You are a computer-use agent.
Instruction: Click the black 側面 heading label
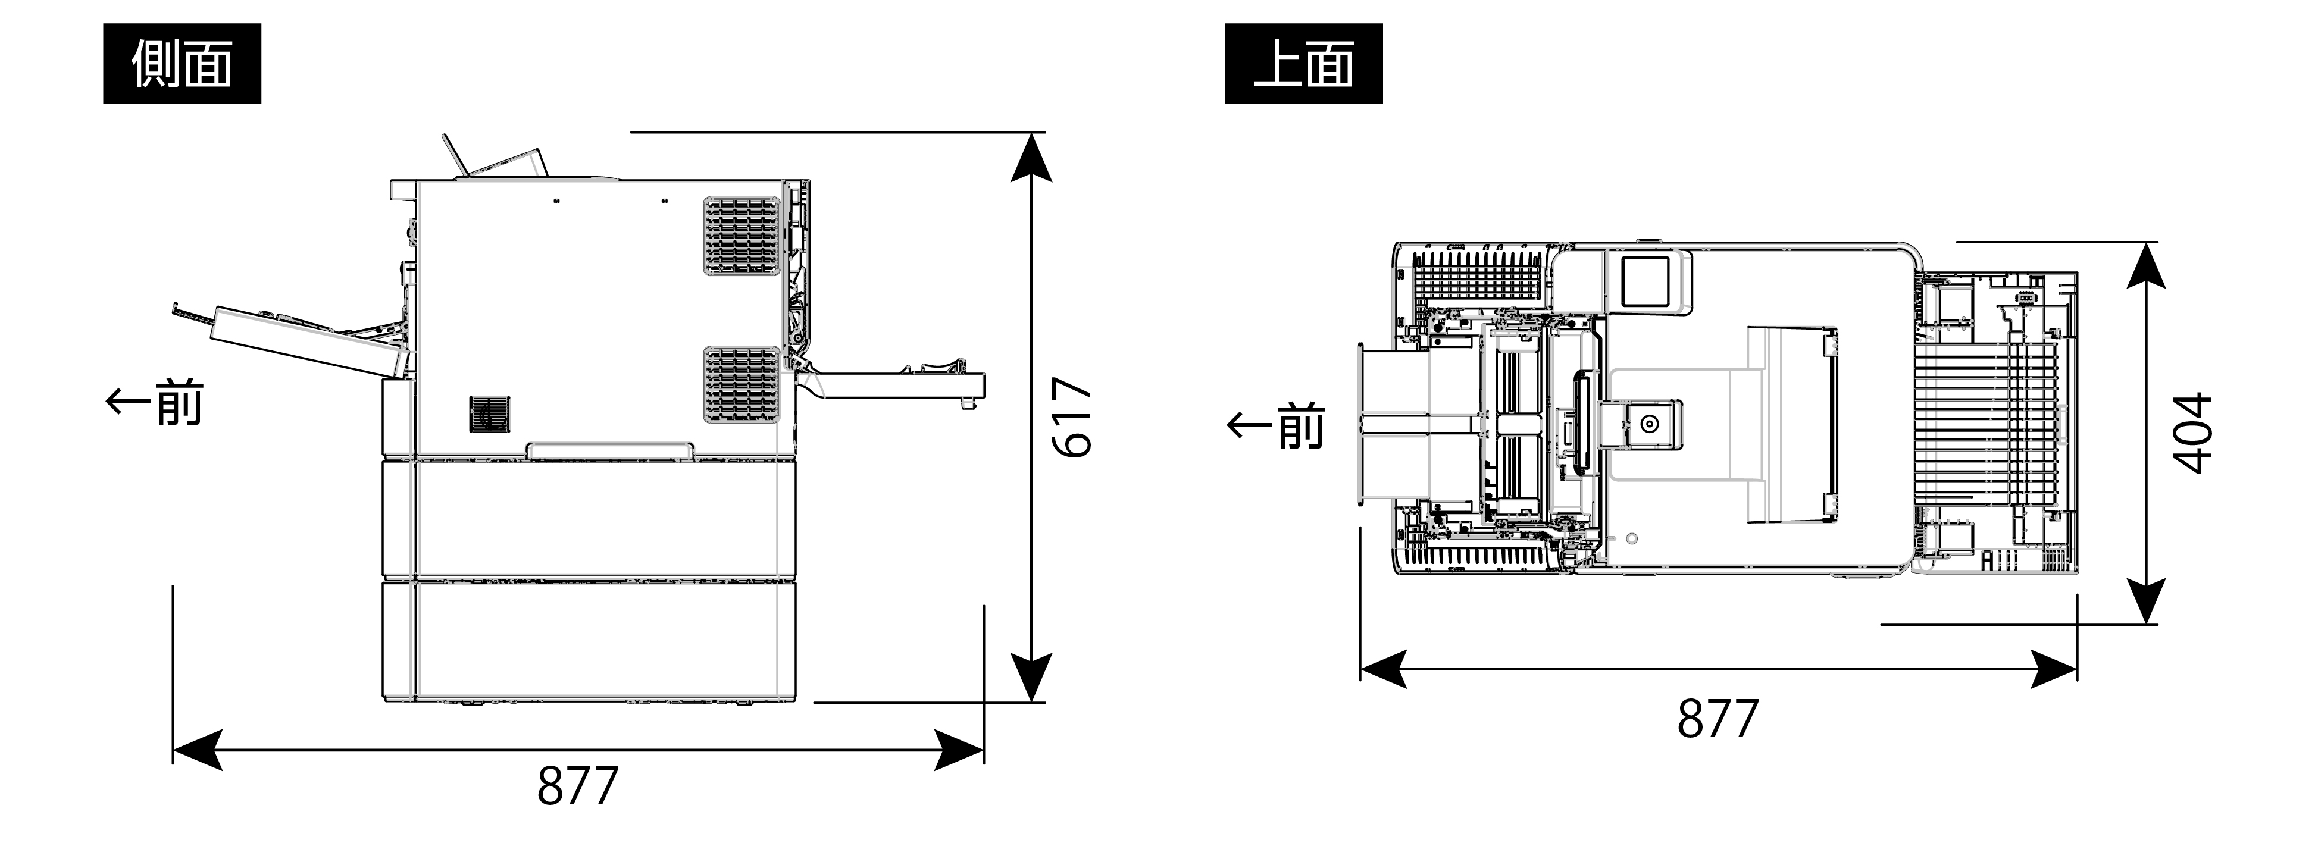[x=182, y=64]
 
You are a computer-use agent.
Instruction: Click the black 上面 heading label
[x=1303, y=64]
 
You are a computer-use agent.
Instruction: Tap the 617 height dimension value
[x=1074, y=417]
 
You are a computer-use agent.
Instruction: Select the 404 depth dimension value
[x=2194, y=433]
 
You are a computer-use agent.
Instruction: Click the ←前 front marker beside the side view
[x=155, y=403]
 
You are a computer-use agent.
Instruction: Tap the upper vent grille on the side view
[x=742, y=236]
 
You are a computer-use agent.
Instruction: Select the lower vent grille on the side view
[x=742, y=384]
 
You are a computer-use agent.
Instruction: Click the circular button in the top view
[x=1649, y=424]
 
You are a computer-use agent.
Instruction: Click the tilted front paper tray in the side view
[x=305, y=341]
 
